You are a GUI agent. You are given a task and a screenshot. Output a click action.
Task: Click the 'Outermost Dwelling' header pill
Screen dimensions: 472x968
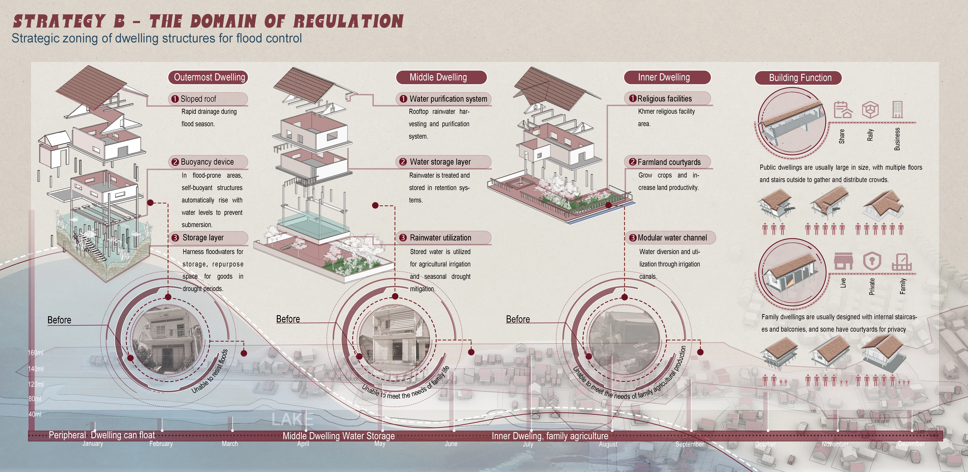209,77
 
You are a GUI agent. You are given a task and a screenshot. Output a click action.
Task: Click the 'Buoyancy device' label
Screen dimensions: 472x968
207,162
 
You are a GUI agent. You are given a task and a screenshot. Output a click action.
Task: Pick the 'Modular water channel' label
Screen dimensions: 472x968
672,238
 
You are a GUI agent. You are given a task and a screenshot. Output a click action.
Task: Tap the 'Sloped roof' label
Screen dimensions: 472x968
198,99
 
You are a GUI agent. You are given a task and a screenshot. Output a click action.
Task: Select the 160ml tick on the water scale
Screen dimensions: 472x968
36,353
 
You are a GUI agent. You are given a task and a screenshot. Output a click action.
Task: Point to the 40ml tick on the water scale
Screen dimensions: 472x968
35,414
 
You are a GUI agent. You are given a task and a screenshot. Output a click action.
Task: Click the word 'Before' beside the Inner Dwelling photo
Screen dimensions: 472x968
518,319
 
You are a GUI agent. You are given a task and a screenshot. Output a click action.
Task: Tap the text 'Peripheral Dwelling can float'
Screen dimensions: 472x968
102,435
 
